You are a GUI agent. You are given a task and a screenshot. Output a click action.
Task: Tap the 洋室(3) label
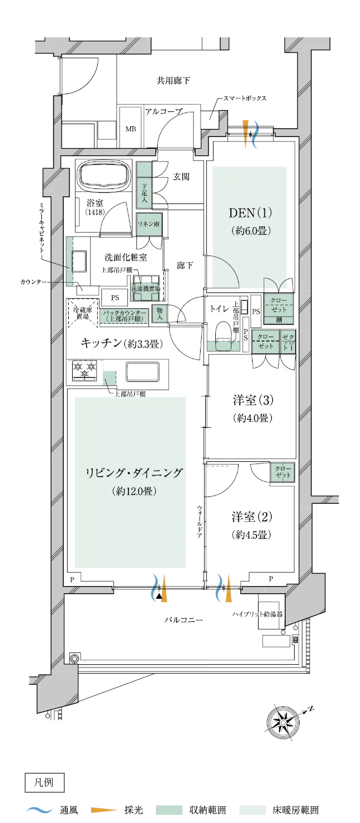pos(253,400)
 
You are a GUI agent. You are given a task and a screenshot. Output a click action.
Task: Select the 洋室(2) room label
pos(253,516)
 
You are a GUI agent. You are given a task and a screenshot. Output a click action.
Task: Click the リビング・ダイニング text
pos(134,474)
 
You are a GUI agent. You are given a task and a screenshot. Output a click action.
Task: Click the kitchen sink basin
pos(143,371)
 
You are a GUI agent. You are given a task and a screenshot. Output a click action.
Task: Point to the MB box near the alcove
pos(130,129)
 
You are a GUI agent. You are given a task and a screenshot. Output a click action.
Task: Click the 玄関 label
pos(181,177)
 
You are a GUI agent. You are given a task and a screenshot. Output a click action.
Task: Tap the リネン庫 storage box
pos(149,224)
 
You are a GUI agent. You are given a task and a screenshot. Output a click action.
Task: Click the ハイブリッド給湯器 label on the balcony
pos(258,614)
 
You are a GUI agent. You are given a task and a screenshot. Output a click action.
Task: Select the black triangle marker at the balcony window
pos(160,596)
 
